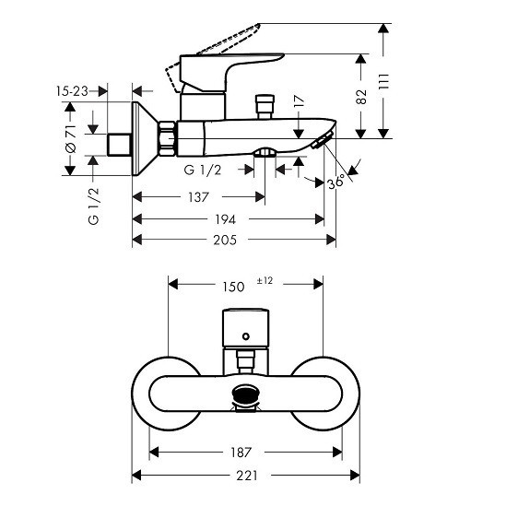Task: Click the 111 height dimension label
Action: coord(384,81)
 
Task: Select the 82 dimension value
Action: coord(361,97)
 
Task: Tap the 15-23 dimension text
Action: coord(72,91)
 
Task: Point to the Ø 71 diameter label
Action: coord(71,139)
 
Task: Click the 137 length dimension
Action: coord(199,197)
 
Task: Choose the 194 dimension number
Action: coord(226,219)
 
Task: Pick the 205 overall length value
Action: coord(225,240)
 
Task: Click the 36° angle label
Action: coord(335,182)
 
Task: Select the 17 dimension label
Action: coord(300,101)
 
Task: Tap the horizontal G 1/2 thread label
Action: coord(203,170)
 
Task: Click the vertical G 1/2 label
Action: coord(94,206)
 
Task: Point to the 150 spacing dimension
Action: coord(233,287)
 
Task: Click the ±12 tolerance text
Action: coord(265,281)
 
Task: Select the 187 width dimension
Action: coord(241,453)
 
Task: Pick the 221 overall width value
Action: coord(247,476)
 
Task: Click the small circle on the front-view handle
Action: coord(246,336)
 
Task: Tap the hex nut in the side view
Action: coord(167,139)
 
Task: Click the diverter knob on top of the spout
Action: coord(265,107)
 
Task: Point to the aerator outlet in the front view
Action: coord(246,397)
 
